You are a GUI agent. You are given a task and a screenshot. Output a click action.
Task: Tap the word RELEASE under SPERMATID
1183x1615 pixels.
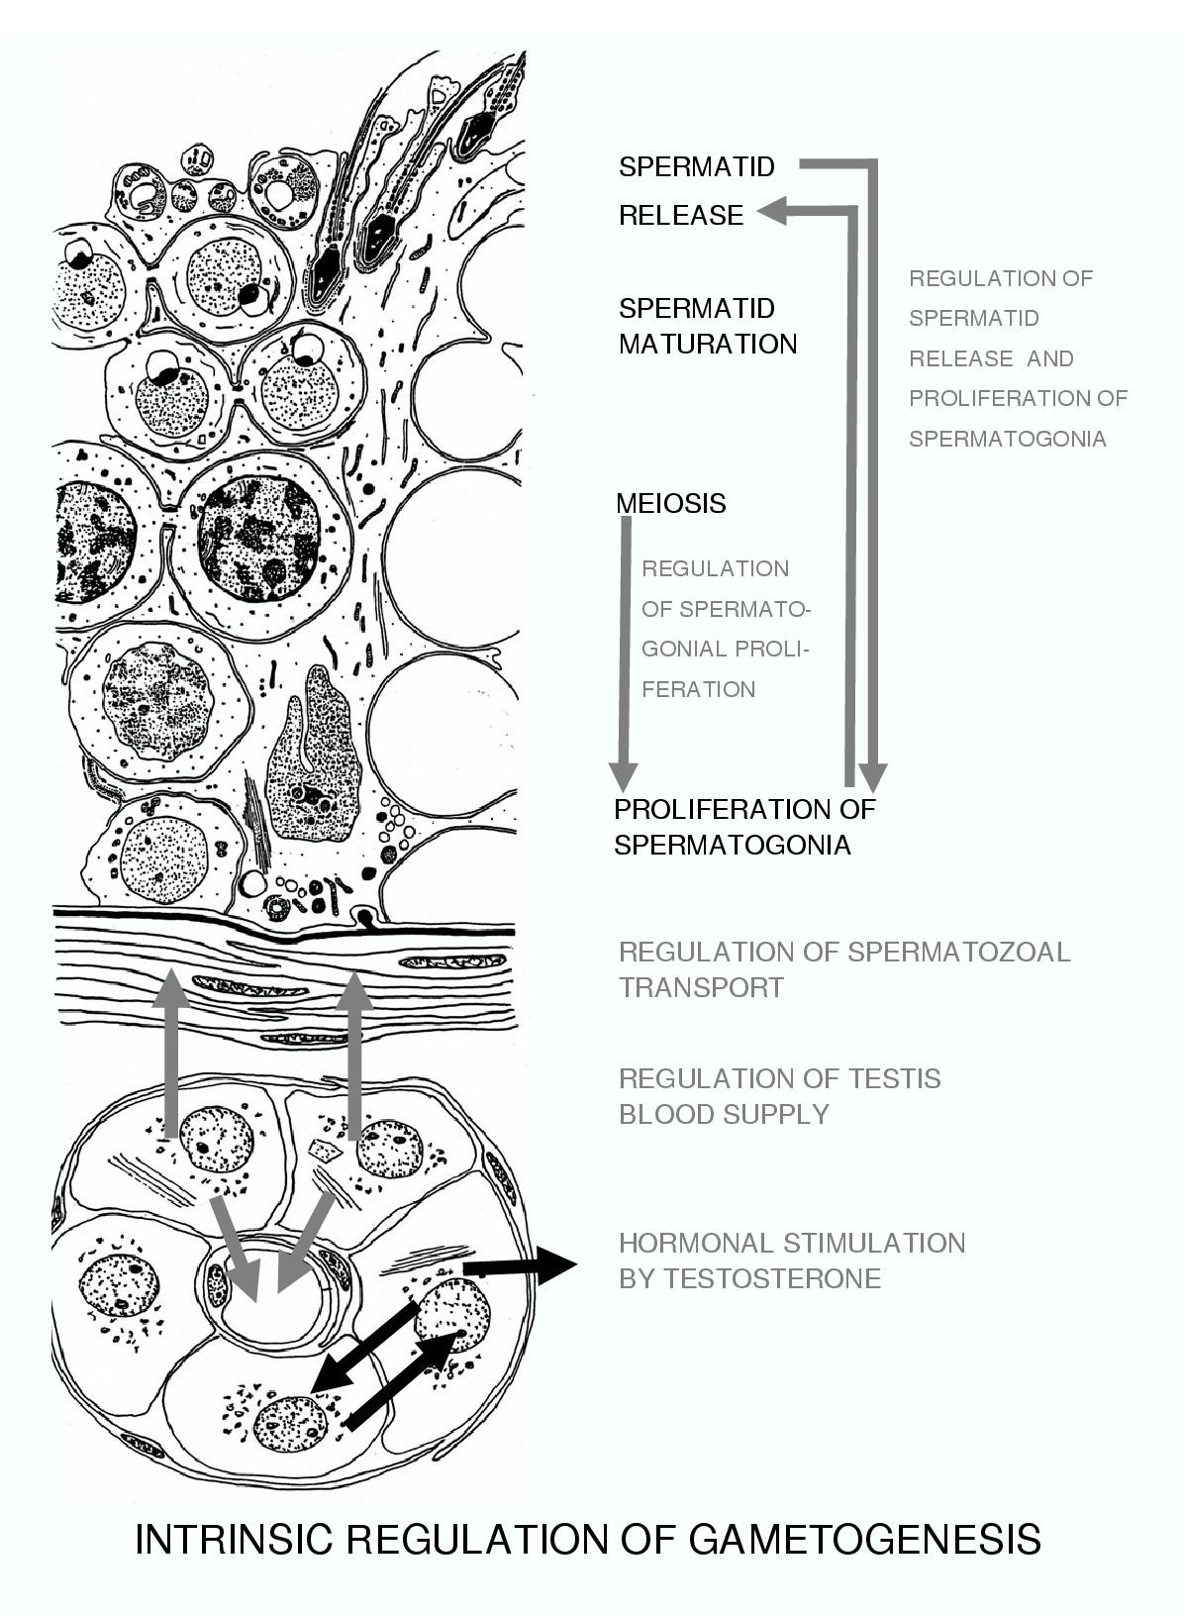click(x=681, y=215)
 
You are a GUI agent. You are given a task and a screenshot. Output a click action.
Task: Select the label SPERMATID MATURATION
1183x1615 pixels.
click(x=707, y=326)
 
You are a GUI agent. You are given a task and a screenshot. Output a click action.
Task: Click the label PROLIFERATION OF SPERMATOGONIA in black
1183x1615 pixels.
click(x=743, y=827)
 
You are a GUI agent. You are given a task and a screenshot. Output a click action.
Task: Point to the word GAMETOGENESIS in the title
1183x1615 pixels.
click(x=863, y=1540)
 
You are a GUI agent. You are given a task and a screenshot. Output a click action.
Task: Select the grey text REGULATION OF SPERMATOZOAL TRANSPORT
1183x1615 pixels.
click(x=843, y=969)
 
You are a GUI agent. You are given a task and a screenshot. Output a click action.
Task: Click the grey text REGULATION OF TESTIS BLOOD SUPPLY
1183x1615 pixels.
click(x=779, y=1096)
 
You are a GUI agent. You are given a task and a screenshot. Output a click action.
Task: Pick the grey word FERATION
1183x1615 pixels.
click(x=698, y=689)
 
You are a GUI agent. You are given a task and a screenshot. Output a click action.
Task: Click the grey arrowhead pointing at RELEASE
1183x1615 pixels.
click(x=773, y=210)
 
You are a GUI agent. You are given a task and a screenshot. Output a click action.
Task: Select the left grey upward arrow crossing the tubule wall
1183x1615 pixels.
click(x=171, y=1050)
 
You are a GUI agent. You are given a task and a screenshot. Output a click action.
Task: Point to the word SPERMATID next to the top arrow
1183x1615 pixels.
click(x=696, y=166)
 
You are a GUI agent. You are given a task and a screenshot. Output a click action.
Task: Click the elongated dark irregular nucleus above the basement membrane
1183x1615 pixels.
click(x=313, y=753)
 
